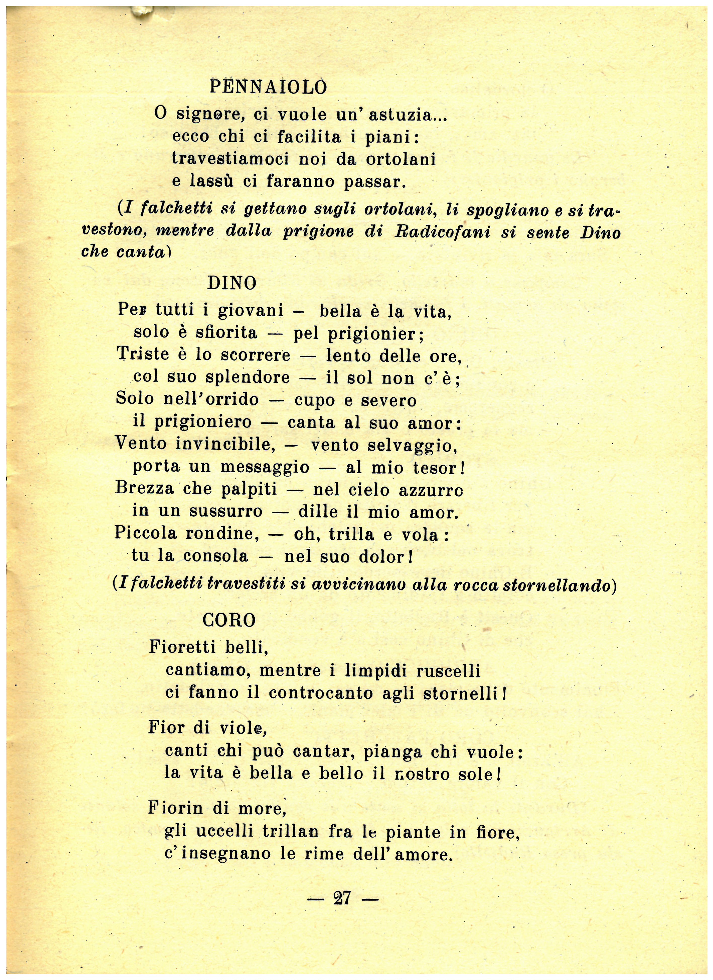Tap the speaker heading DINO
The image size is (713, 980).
pyautogui.click(x=232, y=283)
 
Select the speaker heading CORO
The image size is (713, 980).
pyautogui.click(x=229, y=621)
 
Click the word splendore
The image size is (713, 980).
pyautogui.click(x=247, y=377)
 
